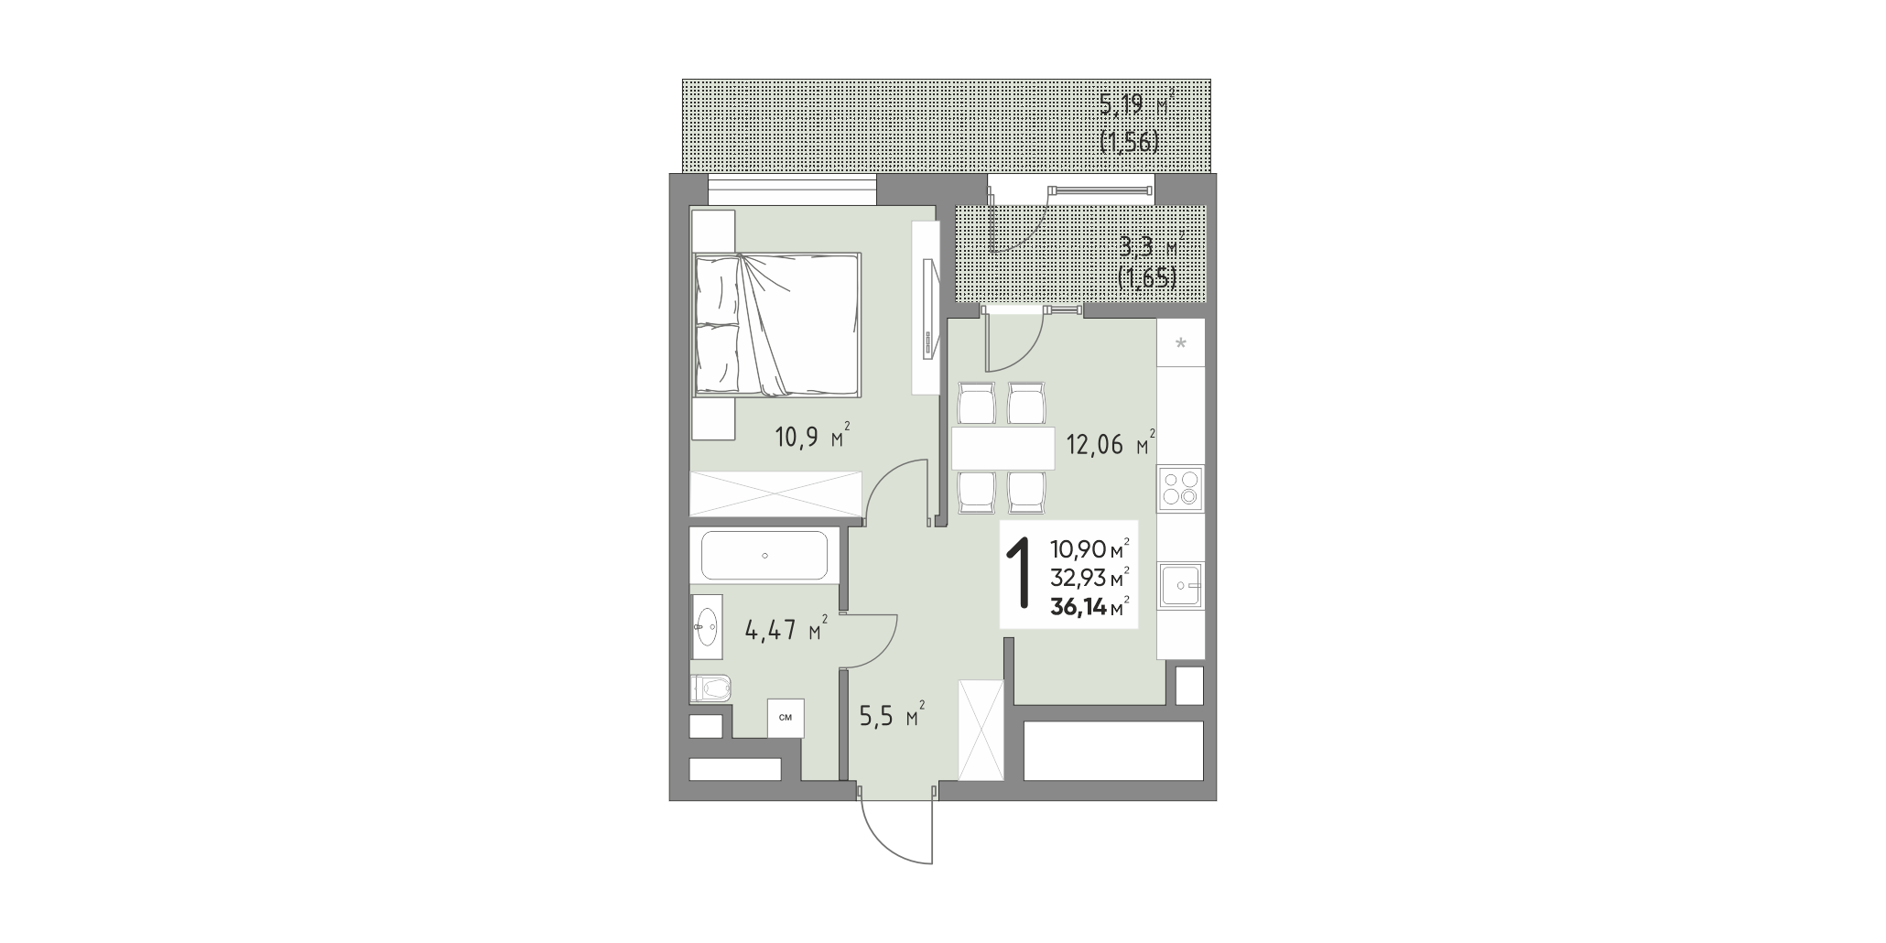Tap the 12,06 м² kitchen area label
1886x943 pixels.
click(x=1111, y=444)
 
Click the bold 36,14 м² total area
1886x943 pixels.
click(x=1089, y=606)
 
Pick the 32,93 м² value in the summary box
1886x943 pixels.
click(x=1089, y=578)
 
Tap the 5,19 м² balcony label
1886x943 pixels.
click(x=1136, y=103)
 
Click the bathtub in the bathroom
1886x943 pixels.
click(x=764, y=555)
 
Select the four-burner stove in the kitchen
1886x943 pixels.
click(x=1180, y=488)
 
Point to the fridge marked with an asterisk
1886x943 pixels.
click(x=1180, y=342)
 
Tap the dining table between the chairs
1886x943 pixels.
click(x=1003, y=449)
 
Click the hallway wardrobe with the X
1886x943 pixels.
click(x=981, y=731)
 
